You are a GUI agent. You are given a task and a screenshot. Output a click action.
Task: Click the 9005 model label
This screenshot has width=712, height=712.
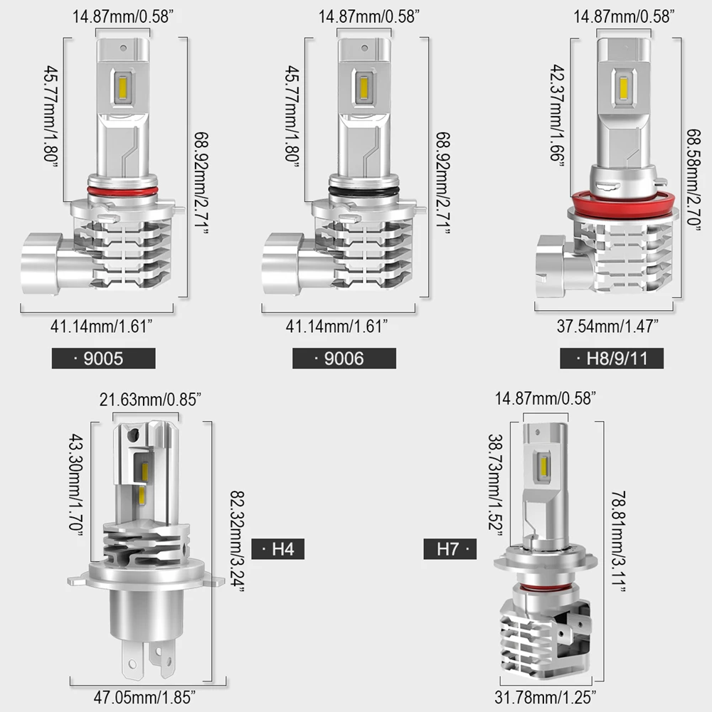[103, 358]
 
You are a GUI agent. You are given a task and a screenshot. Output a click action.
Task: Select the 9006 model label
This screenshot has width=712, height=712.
[344, 358]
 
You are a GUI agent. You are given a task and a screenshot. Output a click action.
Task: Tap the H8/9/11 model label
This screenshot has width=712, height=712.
[612, 358]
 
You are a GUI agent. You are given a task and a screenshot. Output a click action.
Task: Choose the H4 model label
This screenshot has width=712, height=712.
[278, 548]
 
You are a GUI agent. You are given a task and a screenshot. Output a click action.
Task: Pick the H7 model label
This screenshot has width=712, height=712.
[451, 548]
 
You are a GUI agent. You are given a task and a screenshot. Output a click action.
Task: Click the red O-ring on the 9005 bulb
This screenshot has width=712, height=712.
[122, 191]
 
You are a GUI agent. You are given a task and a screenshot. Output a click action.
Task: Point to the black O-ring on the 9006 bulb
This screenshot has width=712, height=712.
[363, 191]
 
